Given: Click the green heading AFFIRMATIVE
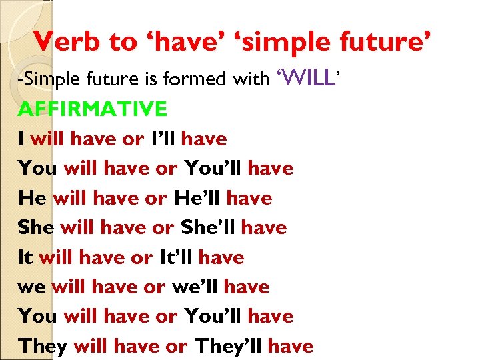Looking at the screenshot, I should [93, 109].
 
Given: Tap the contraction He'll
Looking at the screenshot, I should [198, 198].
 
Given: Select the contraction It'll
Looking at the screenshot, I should [177, 257].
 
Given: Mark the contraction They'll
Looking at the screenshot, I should [229, 346].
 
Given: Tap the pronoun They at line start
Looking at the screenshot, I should [43, 346].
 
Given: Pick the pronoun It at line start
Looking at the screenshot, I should [26, 257].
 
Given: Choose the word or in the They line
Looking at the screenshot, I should [177, 346].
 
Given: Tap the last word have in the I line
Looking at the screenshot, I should [204, 139].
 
